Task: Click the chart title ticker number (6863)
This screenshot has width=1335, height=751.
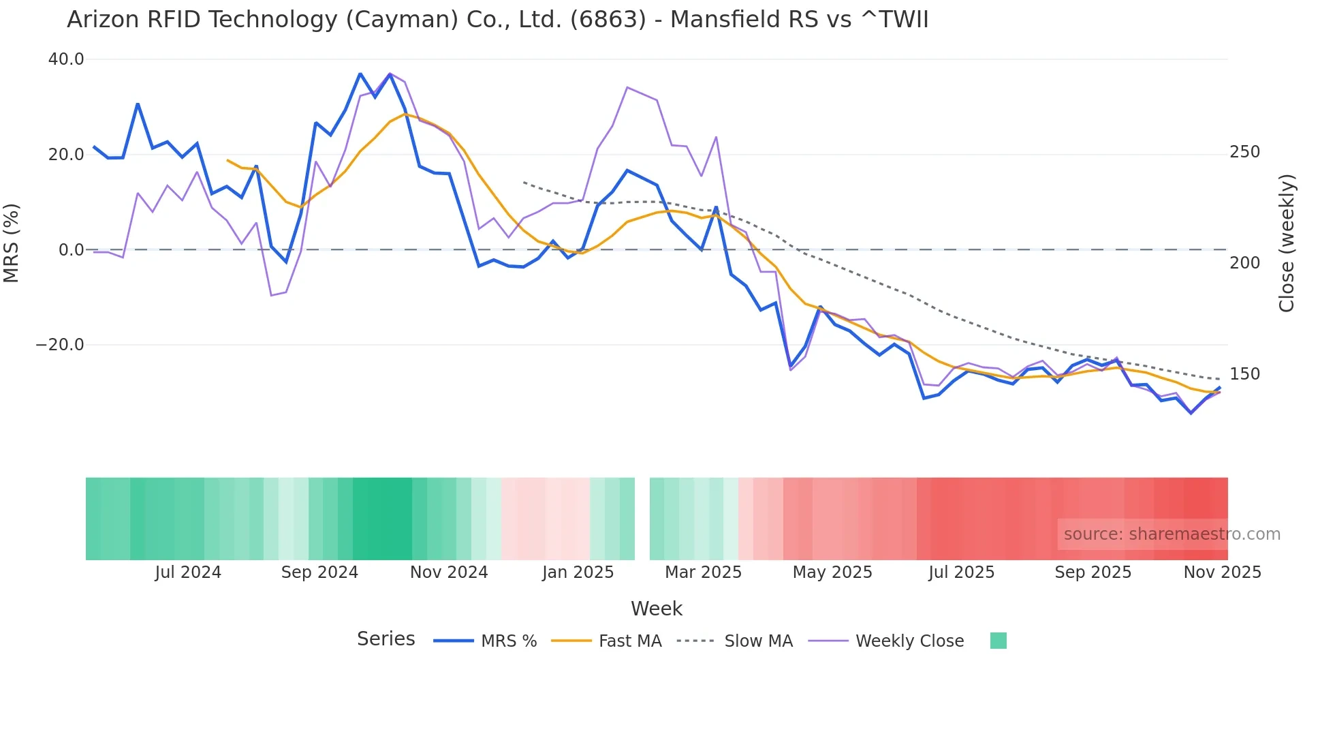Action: (x=608, y=20)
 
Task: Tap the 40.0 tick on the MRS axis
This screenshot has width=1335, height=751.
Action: (x=66, y=59)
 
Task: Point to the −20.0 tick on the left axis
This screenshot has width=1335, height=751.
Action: (x=61, y=345)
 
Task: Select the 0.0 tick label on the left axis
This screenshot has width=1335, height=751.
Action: (x=71, y=250)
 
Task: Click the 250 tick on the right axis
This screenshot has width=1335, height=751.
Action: (x=1244, y=152)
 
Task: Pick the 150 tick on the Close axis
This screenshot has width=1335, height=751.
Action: (x=1244, y=374)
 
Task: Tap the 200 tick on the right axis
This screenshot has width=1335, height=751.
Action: (x=1244, y=263)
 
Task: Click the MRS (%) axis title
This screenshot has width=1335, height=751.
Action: (x=12, y=243)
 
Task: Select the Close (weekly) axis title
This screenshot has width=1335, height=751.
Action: (x=1287, y=243)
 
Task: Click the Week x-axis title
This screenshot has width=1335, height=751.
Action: (x=656, y=609)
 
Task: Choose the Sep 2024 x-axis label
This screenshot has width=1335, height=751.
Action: (x=319, y=572)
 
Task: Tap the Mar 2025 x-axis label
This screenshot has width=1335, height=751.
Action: (x=703, y=572)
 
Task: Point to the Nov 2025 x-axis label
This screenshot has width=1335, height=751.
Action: (x=1222, y=572)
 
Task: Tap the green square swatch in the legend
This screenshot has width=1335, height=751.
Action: (x=998, y=641)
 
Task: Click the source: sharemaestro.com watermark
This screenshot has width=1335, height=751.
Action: (x=1172, y=534)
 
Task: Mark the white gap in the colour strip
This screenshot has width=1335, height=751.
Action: (x=642, y=519)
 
